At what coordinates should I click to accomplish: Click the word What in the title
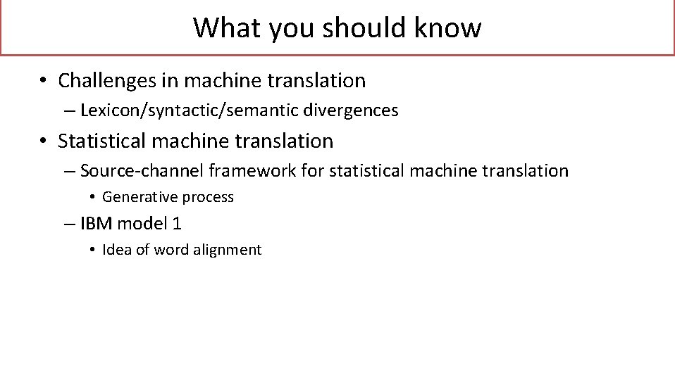click(x=219, y=28)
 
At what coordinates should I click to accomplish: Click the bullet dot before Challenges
click(x=44, y=81)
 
